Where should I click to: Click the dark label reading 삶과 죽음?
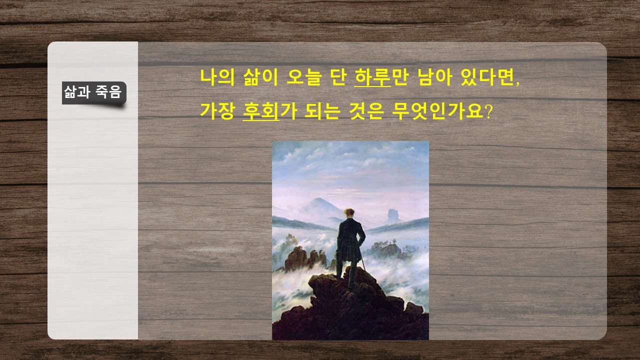pos(94,93)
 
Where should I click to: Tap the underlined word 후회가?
pos(270,111)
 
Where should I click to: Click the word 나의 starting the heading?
pos(217,77)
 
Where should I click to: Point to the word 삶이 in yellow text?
pos(260,77)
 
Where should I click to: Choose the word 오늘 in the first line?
pos(304,77)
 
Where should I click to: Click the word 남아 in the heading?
pos(434,77)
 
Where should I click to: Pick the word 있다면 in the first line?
pos(487,77)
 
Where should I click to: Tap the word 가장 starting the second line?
pos(217,111)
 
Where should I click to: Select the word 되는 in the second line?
pos(322,111)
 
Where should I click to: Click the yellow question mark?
pos(488,111)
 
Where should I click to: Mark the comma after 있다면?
pos(517,83)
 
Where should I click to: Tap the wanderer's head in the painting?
pos(349,213)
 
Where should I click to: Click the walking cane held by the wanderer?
pos(363,262)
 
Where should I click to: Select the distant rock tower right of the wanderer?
pos(393,216)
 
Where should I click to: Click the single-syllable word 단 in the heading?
pos(338,77)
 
